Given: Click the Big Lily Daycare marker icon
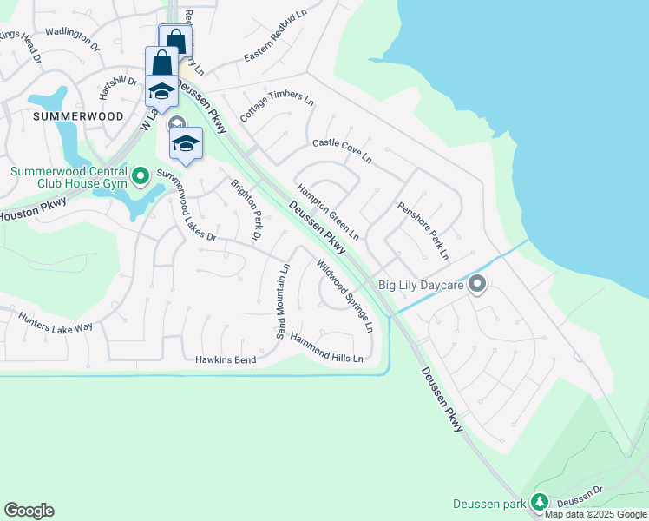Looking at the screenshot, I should click(x=476, y=284).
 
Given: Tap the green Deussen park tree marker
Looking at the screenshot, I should click(x=540, y=503).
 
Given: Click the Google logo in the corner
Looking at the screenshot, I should click(x=29, y=511).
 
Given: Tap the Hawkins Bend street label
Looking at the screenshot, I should click(x=226, y=359).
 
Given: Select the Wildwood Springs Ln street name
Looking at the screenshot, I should click(x=344, y=296).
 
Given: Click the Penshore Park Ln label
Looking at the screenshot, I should click(x=423, y=231).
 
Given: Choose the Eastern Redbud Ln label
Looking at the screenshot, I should click(x=276, y=44).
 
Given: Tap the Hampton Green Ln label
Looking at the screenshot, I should click(x=328, y=212).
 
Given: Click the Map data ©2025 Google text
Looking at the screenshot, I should click(x=596, y=514).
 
